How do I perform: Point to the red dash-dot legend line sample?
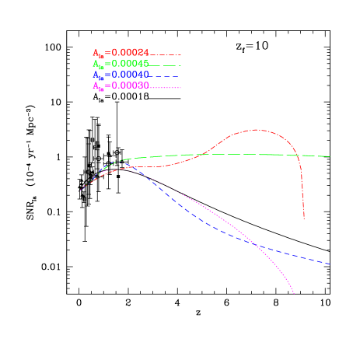point(166,54)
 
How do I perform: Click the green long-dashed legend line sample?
point(166,65)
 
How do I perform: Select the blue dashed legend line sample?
point(166,76)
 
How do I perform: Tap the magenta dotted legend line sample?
point(166,88)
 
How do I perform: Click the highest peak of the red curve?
point(257,130)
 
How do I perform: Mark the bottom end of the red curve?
point(304,219)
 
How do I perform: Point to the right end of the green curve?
point(330,156)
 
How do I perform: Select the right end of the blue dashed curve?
point(330,264)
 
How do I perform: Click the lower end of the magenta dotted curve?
point(294,294)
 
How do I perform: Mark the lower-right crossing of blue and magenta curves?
point(256,244)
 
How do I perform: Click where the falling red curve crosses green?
point(298,156)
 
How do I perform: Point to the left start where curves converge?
point(82,188)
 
